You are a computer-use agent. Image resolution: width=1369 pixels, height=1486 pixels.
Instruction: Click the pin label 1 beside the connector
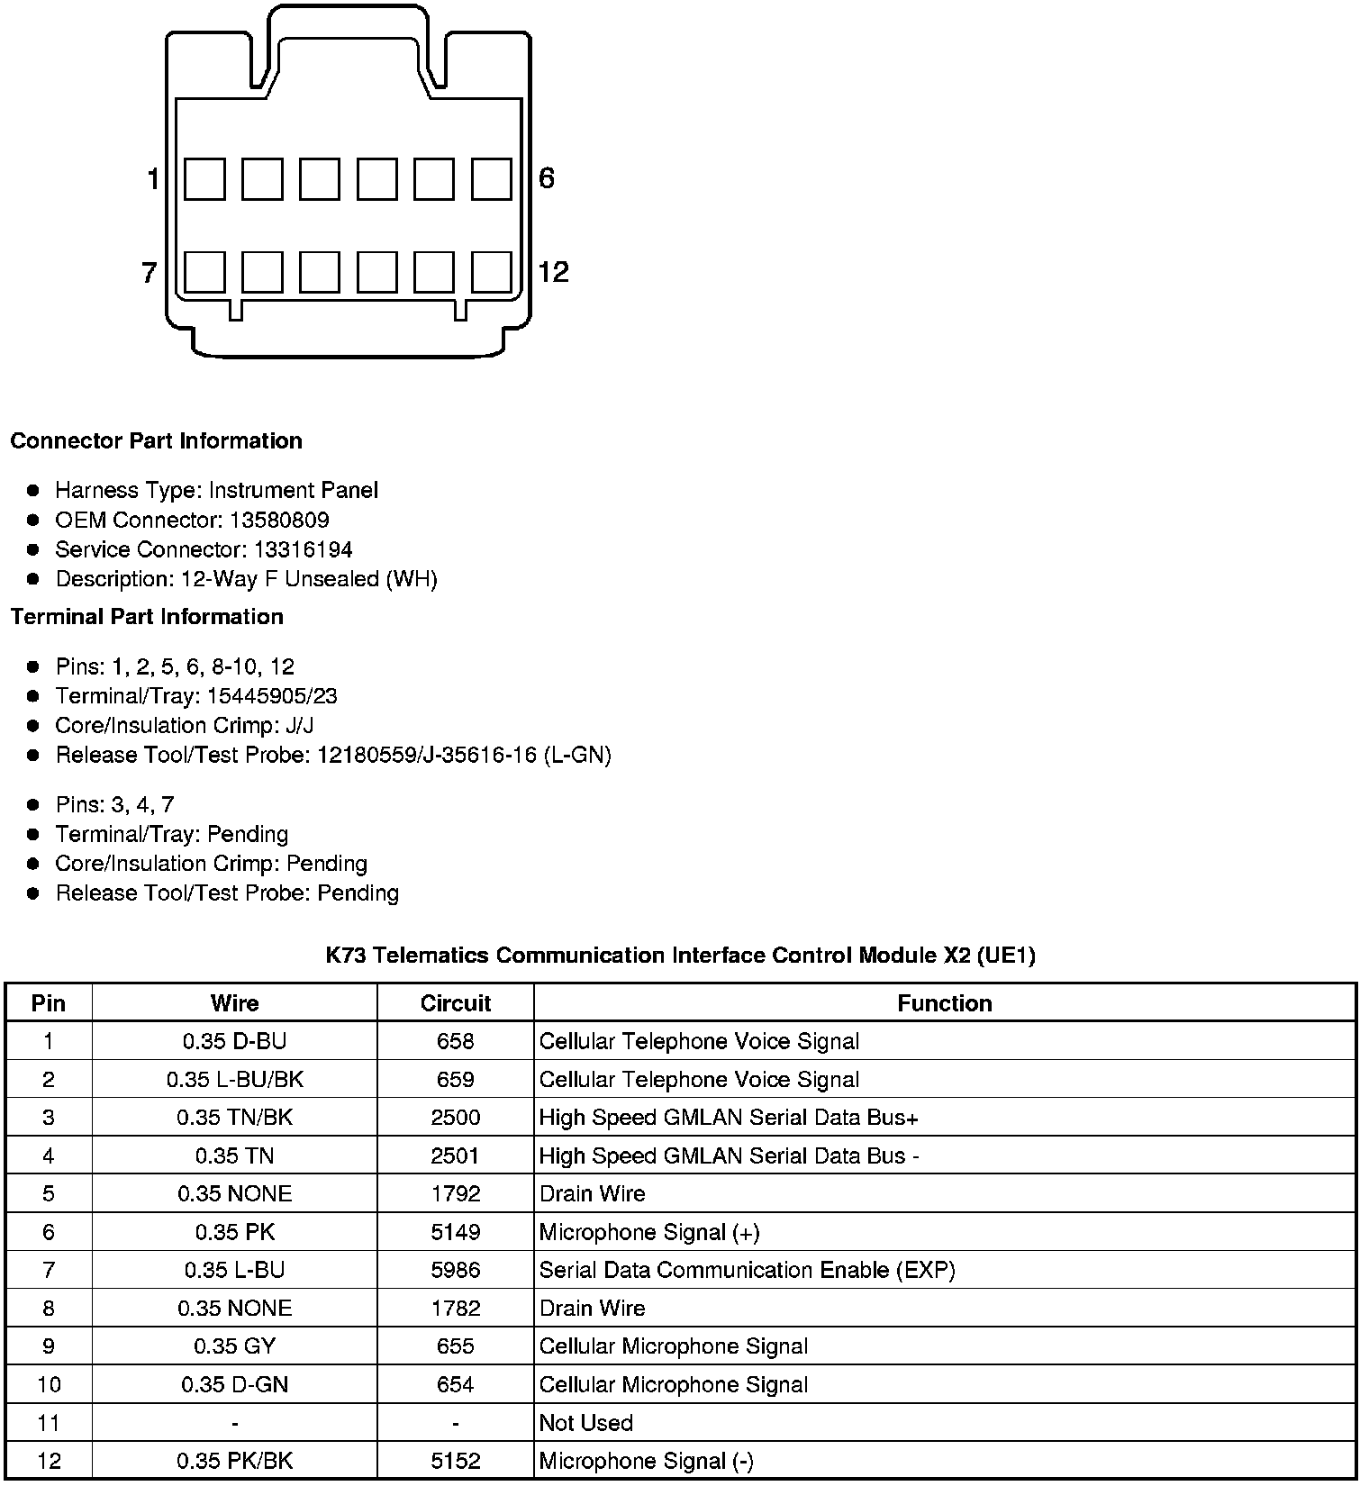tap(153, 179)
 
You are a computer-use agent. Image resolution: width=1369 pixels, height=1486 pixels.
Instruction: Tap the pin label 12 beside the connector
tap(553, 272)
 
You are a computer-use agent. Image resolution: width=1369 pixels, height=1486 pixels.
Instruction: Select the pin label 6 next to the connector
tap(547, 178)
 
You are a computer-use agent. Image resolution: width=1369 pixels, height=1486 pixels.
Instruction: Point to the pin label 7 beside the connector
tap(150, 272)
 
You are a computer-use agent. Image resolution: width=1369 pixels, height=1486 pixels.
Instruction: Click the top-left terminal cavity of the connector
tap(204, 178)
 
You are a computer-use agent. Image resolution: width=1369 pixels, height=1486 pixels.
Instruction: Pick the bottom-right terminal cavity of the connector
tap(491, 272)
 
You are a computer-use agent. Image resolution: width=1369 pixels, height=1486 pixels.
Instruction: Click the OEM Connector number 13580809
tap(279, 520)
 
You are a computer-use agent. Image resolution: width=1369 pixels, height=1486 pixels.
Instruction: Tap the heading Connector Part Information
tap(156, 440)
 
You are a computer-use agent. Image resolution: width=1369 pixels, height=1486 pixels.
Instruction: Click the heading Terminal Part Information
tap(147, 616)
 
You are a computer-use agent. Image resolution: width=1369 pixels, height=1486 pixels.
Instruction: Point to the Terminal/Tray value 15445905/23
tap(272, 696)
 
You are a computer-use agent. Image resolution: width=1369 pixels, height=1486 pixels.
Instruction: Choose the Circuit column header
tap(456, 1003)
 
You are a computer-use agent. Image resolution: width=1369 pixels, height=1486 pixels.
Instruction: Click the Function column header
tap(944, 1003)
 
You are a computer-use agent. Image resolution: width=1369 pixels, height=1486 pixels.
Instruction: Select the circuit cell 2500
tap(456, 1118)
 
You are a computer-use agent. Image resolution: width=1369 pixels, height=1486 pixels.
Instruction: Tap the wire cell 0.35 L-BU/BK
tap(235, 1079)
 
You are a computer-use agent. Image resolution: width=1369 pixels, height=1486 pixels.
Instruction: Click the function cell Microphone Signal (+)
tap(649, 1232)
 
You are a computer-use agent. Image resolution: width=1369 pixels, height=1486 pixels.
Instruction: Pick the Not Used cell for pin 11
tap(585, 1423)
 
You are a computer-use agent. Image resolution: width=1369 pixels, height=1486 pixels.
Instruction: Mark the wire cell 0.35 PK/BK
tap(235, 1461)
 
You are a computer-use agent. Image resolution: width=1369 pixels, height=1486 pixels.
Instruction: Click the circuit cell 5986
tap(456, 1270)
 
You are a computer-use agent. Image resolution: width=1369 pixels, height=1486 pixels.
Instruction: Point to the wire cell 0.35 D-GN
tap(235, 1384)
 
